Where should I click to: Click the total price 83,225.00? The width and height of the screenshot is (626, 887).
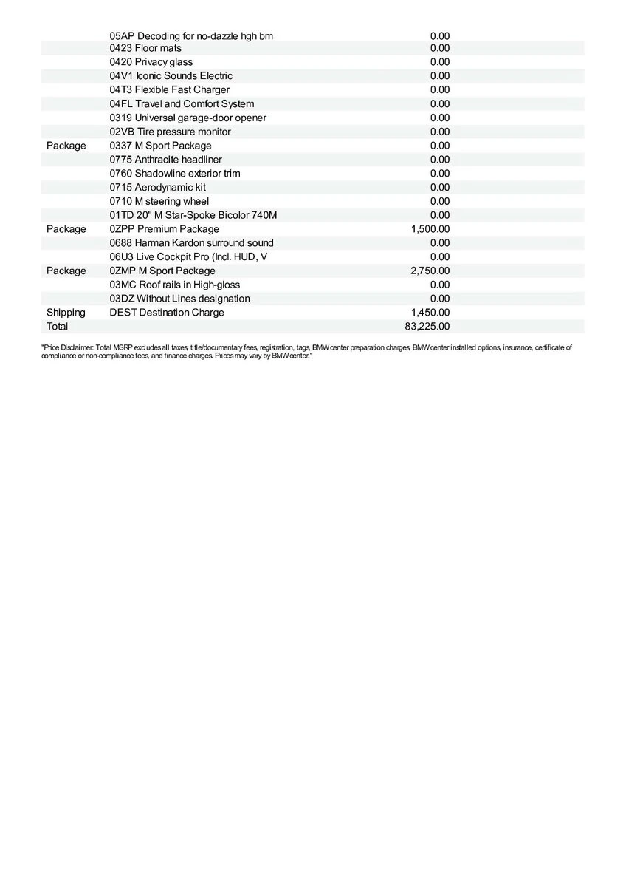[x=427, y=327]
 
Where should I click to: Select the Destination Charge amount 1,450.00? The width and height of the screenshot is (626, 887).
[x=430, y=313]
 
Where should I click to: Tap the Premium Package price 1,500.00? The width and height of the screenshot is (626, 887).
[x=430, y=229]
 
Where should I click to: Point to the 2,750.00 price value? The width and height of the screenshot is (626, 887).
[x=430, y=271]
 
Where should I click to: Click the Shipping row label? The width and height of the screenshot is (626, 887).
[x=66, y=313]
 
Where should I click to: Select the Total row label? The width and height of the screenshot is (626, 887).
[x=57, y=327]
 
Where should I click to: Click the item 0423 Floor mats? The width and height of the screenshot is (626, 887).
[x=145, y=48]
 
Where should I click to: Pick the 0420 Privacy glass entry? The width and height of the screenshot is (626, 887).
[x=151, y=62]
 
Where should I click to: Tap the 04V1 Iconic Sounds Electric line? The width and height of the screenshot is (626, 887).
[x=171, y=76]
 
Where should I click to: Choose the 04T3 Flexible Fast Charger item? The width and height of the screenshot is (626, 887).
[x=170, y=90]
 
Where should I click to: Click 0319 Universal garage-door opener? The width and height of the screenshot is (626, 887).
[x=188, y=118]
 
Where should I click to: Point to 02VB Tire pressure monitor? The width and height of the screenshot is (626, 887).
[x=171, y=132]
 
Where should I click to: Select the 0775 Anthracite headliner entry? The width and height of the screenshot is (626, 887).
[x=166, y=160]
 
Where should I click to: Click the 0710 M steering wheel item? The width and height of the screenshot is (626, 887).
[x=159, y=201]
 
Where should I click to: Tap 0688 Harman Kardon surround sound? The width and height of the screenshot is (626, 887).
[x=192, y=243]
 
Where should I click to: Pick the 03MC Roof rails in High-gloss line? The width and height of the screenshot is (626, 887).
[x=175, y=285]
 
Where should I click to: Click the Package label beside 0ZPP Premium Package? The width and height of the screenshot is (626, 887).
[x=66, y=229]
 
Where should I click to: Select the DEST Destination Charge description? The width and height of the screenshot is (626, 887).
[x=167, y=313]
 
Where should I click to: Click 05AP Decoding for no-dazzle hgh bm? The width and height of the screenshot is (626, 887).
[x=191, y=35]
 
